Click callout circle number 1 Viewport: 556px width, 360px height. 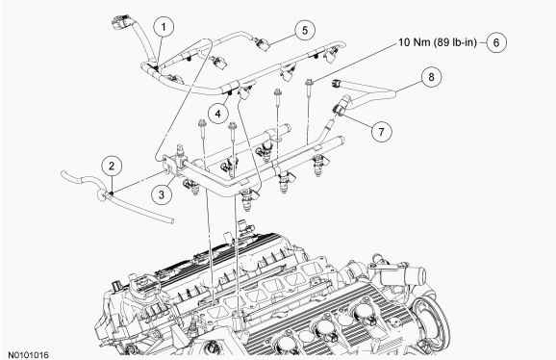coord(164,27)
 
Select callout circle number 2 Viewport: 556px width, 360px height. coord(112,166)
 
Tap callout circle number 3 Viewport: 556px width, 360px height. coord(162,194)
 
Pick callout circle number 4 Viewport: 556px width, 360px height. coord(217,114)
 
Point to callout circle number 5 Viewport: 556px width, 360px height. coord(305,30)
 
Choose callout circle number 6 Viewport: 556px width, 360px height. coord(496,42)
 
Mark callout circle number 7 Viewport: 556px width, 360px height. coord(381,132)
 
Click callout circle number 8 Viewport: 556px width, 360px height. coord(431,77)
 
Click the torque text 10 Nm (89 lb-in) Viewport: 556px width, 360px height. coord(438,42)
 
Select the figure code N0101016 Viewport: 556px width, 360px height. coord(28,354)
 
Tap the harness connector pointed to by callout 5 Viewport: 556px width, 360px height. coord(262,44)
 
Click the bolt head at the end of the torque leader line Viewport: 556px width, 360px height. coord(309,82)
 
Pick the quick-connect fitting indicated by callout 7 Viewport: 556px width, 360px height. coord(340,106)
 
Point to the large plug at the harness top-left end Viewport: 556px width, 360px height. coord(120,23)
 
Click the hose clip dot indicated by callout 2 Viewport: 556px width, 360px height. coord(112,193)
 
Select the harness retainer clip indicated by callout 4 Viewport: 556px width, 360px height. coord(230,93)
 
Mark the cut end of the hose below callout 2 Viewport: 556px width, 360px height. coord(171,220)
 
